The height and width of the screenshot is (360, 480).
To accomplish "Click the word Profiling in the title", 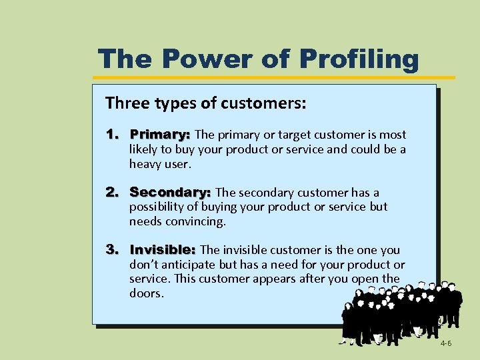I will coord(359,59).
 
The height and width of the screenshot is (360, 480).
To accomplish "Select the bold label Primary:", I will coord(160,135).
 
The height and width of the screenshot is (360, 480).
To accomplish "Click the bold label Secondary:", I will coord(170,192).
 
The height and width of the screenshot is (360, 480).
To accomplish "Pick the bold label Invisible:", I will coord(163,250).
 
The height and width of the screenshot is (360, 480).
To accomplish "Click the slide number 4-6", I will coord(446,343).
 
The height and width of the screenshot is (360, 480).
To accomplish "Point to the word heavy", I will coord(143,163).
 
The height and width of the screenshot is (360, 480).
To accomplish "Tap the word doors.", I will coord(146,293).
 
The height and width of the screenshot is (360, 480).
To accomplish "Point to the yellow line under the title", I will coord(280,77).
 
